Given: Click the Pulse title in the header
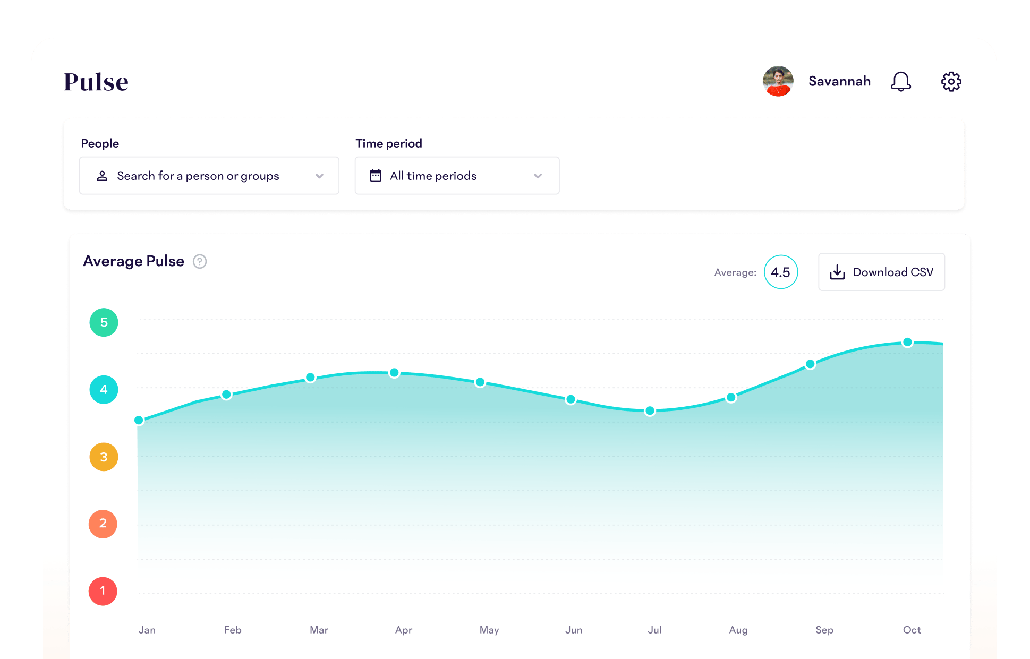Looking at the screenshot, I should pyautogui.click(x=96, y=82).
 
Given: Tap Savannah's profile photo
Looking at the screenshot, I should pyautogui.click(x=778, y=81).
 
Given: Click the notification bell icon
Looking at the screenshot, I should pyautogui.click(x=900, y=82).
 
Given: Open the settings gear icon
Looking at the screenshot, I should pyautogui.click(x=951, y=82).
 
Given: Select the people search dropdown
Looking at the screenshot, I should pyautogui.click(x=209, y=176).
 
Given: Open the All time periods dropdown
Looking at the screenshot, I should pyautogui.click(x=457, y=176).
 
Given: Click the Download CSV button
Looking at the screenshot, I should pyautogui.click(x=881, y=272).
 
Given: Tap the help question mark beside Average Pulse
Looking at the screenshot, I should pyautogui.click(x=200, y=261).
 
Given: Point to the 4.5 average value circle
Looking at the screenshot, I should pyautogui.click(x=780, y=272).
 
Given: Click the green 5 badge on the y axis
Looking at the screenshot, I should pyautogui.click(x=104, y=322).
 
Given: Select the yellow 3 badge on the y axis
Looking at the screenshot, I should pyautogui.click(x=104, y=457).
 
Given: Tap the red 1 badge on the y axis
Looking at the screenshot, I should pyautogui.click(x=103, y=591).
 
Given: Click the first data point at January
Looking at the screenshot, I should pyautogui.click(x=139, y=420).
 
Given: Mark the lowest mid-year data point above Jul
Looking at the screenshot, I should pyautogui.click(x=650, y=410).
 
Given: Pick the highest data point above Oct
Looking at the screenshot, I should pyautogui.click(x=907, y=342).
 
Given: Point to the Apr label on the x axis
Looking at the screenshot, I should pyautogui.click(x=404, y=630).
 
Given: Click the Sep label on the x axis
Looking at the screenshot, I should pyautogui.click(x=824, y=630).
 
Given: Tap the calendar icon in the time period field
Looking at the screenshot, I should pyautogui.click(x=376, y=176).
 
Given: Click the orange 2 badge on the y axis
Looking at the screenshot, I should pyautogui.click(x=103, y=524).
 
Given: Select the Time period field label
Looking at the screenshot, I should pyautogui.click(x=389, y=143).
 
